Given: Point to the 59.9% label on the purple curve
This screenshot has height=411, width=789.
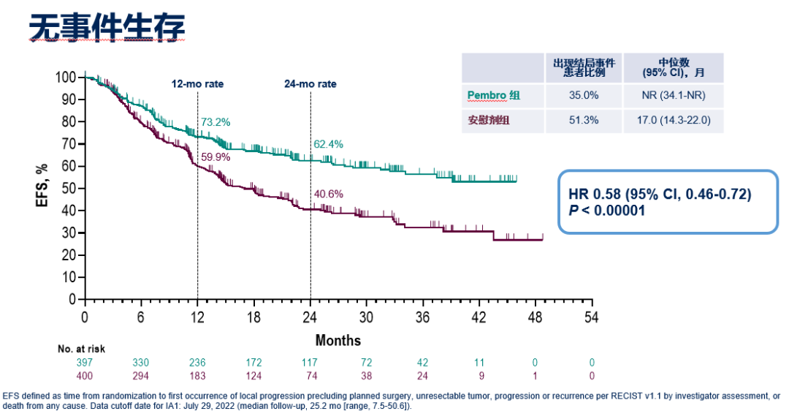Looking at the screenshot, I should [216, 157].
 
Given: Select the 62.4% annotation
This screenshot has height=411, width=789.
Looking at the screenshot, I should [328, 144].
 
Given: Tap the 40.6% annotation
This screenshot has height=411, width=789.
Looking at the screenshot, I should [328, 195].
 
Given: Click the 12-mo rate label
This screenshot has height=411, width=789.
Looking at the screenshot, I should [197, 84].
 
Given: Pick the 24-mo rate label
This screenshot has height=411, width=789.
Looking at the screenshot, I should [310, 84].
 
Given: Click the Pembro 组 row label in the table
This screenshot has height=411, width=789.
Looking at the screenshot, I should [494, 95].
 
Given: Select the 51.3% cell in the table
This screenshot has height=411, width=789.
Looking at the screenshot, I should [584, 121].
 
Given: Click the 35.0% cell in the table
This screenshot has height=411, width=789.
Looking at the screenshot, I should [584, 95].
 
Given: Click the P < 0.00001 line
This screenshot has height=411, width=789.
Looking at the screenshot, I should [606, 210].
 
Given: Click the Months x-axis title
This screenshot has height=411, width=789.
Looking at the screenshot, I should [338, 341].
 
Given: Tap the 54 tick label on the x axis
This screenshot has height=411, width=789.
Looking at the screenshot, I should [592, 317].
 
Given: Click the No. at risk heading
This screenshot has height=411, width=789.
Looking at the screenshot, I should [81, 350].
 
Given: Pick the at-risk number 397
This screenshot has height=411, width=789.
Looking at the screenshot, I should [85, 363].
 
